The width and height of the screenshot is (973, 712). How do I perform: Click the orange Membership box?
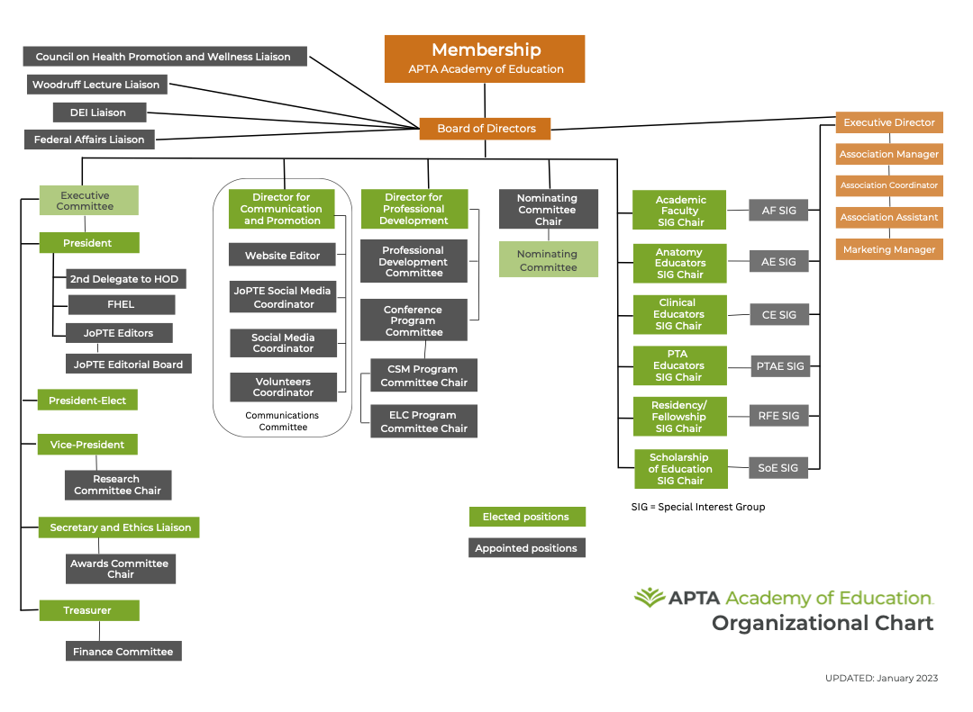tap(485, 59)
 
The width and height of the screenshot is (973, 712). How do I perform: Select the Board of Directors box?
tap(486, 129)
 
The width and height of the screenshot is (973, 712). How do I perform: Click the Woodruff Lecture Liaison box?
tap(95, 85)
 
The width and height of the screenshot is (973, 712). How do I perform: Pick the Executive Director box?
tap(888, 122)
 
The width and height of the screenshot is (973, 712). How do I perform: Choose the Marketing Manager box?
tap(888, 249)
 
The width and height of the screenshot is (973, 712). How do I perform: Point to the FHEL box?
tap(121, 304)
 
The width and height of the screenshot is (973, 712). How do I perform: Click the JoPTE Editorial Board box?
tap(128, 365)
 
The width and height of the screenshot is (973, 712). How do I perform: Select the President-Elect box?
tap(87, 401)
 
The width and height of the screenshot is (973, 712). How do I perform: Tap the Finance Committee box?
tap(123, 651)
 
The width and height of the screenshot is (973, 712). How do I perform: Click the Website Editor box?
tap(282, 256)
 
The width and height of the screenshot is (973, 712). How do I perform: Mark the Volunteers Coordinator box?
tap(283, 387)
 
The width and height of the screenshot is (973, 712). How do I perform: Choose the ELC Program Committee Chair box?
tap(423, 421)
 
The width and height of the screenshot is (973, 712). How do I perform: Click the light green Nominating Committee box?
tap(548, 260)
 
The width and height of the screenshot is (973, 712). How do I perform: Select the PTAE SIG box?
tap(779, 365)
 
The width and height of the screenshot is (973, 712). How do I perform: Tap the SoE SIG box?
tap(777, 468)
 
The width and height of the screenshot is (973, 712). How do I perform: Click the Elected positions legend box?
tap(526, 517)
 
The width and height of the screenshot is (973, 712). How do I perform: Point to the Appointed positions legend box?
tap(526, 548)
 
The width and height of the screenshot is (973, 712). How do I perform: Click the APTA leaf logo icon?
tap(649, 598)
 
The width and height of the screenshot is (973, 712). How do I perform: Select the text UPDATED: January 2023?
tap(880, 678)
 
